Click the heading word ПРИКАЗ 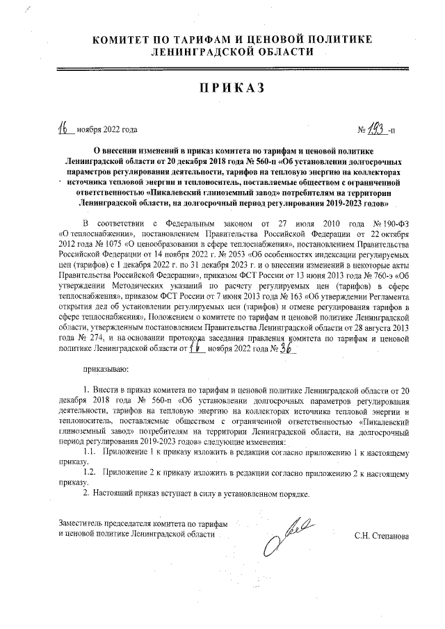pos(222,88)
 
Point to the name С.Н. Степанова pos(381,537)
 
